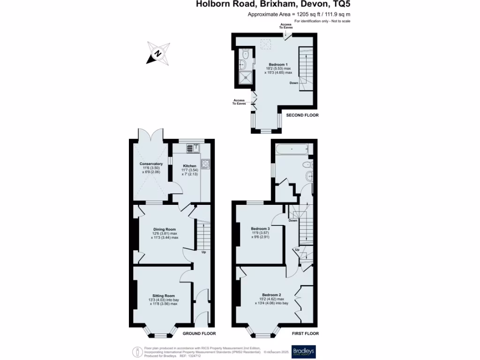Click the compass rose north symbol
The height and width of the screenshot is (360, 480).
[x=158, y=52]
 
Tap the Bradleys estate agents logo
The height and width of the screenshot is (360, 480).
[x=304, y=352]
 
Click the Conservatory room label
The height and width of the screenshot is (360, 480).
[x=151, y=164]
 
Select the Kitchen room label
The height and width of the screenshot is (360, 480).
[x=190, y=166]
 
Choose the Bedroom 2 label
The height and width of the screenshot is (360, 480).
[x=272, y=295]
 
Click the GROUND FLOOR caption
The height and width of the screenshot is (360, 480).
[x=199, y=334]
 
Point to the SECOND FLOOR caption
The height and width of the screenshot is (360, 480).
[x=302, y=115]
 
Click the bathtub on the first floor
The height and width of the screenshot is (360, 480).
[x=292, y=150]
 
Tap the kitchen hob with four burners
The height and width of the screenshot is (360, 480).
[x=205, y=164]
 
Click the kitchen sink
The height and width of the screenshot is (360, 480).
[x=192, y=148]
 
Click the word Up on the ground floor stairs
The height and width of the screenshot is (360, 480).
[x=203, y=252]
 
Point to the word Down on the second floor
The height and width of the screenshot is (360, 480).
[x=293, y=83]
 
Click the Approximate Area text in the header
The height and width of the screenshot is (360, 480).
[x=299, y=14]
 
